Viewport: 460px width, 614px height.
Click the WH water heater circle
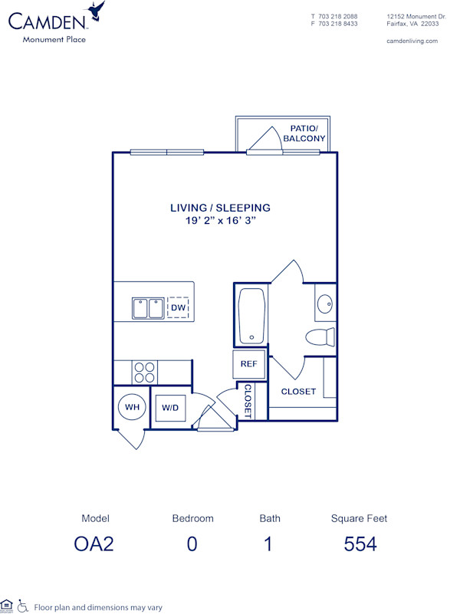pos(133,407)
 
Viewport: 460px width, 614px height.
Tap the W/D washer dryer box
pos(169,408)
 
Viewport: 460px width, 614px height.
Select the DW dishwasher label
pos(178,308)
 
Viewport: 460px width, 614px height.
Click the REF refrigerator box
pos(248,364)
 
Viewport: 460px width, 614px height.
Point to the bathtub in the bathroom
pos(251,316)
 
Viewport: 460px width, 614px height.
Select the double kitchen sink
pos(148,308)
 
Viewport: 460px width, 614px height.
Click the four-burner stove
pos(143,372)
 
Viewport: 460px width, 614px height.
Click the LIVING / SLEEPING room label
pos(220,208)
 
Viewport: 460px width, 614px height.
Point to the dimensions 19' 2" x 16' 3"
pos(220,221)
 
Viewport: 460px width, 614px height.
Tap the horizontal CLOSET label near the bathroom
pos(298,392)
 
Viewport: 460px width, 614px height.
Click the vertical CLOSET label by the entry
pos(248,400)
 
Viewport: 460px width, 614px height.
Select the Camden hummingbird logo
pos(97,11)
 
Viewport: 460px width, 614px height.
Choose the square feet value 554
pos(360,544)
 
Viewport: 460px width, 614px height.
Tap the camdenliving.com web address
pos(412,41)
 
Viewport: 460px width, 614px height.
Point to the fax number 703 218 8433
pos(338,24)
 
